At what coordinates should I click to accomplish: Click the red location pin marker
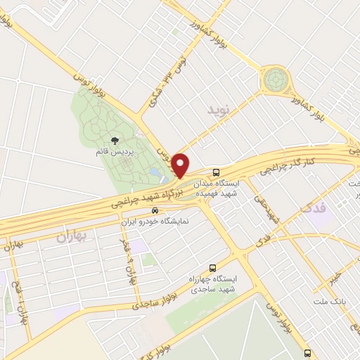click(x=181, y=165)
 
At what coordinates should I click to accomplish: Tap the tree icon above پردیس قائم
click(x=115, y=141)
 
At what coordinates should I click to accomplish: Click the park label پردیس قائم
click(x=114, y=150)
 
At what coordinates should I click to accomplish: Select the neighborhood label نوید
click(x=219, y=110)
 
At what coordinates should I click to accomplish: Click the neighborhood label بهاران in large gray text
click(x=71, y=238)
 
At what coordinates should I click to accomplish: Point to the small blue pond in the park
click(x=154, y=171)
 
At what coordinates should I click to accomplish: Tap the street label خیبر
click(x=337, y=270)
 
